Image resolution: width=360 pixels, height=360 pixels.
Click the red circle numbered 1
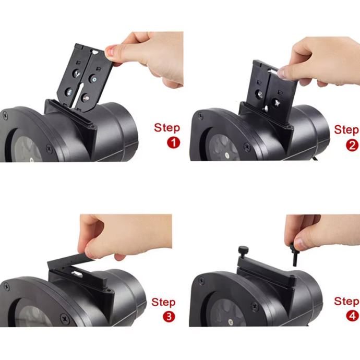click(174, 142)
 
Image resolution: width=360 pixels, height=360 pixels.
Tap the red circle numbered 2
click(352, 146)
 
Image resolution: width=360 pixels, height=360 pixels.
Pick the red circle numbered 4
click(352, 316)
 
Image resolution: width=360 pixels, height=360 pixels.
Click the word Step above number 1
click(167, 128)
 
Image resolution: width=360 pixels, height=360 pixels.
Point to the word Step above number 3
click(163, 302)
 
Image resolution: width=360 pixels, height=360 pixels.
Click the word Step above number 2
click(346, 130)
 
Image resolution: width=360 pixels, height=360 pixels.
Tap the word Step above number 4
click(346, 301)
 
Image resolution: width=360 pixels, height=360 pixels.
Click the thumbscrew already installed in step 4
click(243, 252)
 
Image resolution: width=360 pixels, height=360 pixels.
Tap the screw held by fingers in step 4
click(294, 255)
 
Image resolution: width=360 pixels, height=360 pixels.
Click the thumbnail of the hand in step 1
click(110, 51)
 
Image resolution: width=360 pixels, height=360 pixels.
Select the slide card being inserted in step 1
click(85, 77)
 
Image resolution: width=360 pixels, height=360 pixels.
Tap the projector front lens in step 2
click(224, 148)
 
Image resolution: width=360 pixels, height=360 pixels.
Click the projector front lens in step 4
click(226, 313)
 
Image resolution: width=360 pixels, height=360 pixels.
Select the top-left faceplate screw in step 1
click(5, 115)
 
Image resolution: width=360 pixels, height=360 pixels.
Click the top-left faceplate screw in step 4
click(201, 281)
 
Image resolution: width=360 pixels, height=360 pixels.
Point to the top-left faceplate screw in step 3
click(6, 286)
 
